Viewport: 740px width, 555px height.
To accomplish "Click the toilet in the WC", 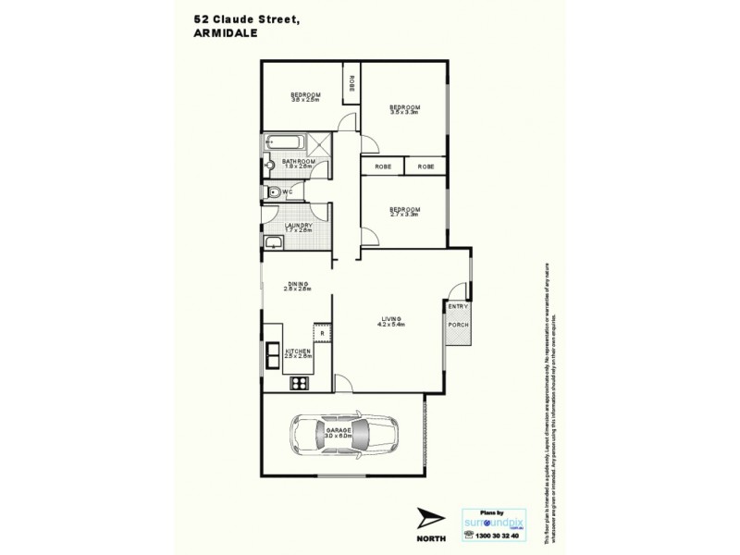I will coord(271,192).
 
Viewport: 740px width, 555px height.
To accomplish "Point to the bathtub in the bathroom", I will coord(286,143).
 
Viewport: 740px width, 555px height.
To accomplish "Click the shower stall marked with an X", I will coord(320,143).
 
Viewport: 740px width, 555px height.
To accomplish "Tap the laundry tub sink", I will coord(273,242).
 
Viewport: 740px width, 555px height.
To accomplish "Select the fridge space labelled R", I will coord(321,333).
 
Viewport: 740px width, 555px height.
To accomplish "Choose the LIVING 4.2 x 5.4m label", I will coord(392,321).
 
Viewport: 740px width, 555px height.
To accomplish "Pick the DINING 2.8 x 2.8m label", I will coord(297,286).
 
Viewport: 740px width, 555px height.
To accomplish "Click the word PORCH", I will coord(458,325).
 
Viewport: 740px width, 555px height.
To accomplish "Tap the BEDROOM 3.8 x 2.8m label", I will coord(305,98).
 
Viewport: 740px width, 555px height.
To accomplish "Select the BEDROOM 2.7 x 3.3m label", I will coord(404,212).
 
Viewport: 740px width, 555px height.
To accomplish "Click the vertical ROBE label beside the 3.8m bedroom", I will coord(351,83).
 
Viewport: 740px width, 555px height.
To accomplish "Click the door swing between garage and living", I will coord(343,383).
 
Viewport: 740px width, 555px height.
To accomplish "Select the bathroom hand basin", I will coord(271,168).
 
